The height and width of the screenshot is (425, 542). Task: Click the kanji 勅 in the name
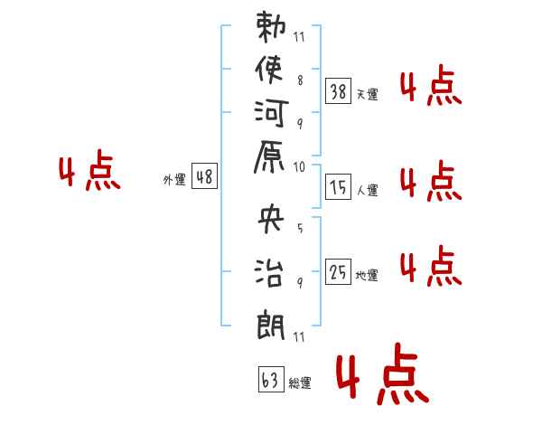point(271,27)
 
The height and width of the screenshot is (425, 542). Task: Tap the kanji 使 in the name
point(269,70)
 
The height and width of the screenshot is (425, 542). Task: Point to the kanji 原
point(269,156)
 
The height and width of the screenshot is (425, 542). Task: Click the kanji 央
point(271,218)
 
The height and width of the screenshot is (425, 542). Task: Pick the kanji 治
point(269,271)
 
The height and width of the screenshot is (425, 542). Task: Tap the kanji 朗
point(271,324)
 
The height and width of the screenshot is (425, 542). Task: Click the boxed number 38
point(338,91)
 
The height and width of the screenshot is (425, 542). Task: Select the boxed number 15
point(338,187)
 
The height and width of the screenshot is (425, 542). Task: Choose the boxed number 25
point(338,271)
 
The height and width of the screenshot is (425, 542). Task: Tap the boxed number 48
point(204,175)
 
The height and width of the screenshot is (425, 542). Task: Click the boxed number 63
point(271,379)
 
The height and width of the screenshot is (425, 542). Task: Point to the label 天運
point(368,94)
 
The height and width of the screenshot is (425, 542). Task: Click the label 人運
point(368,190)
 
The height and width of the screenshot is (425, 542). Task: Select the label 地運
point(367,275)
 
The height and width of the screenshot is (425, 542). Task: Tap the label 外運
point(174,179)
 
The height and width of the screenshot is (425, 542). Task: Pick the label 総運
point(300,382)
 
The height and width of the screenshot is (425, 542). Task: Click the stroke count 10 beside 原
point(299,167)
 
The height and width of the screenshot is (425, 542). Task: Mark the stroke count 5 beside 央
point(300,228)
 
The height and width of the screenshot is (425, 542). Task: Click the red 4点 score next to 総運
point(383,373)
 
